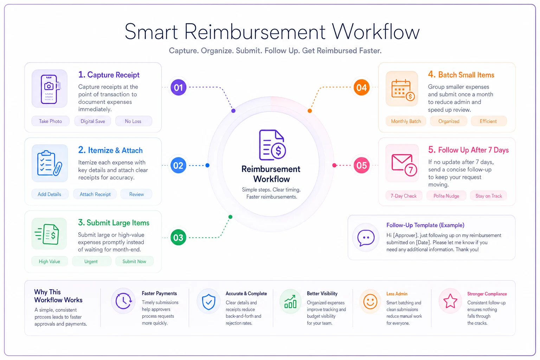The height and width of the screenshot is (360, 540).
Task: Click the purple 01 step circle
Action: (178, 87)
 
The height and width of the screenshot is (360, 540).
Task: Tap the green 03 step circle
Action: (178, 238)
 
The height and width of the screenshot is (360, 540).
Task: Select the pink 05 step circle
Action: (362, 166)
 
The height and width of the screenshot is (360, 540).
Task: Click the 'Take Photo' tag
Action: (50, 121)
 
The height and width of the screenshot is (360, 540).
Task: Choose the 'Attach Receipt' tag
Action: (95, 194)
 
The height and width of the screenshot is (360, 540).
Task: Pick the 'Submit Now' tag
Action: (134, 261)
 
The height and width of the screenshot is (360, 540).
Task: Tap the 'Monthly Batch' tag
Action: (406, 121)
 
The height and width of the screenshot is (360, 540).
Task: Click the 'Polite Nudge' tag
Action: (446, 196)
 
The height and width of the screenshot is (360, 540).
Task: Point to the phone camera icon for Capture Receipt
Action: (50, 89)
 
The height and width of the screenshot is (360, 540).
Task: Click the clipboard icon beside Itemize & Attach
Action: (50, 163)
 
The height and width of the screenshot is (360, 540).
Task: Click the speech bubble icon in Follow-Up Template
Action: (366, 238)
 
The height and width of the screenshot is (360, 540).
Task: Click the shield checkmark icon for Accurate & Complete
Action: (208, 301)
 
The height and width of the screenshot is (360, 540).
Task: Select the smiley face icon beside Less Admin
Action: (370, 301)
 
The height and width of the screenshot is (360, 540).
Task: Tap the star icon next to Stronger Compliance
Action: (450, 301)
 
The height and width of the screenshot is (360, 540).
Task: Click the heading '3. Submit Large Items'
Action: (114, 223)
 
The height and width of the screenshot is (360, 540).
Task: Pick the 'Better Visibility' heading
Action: (322, 294)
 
